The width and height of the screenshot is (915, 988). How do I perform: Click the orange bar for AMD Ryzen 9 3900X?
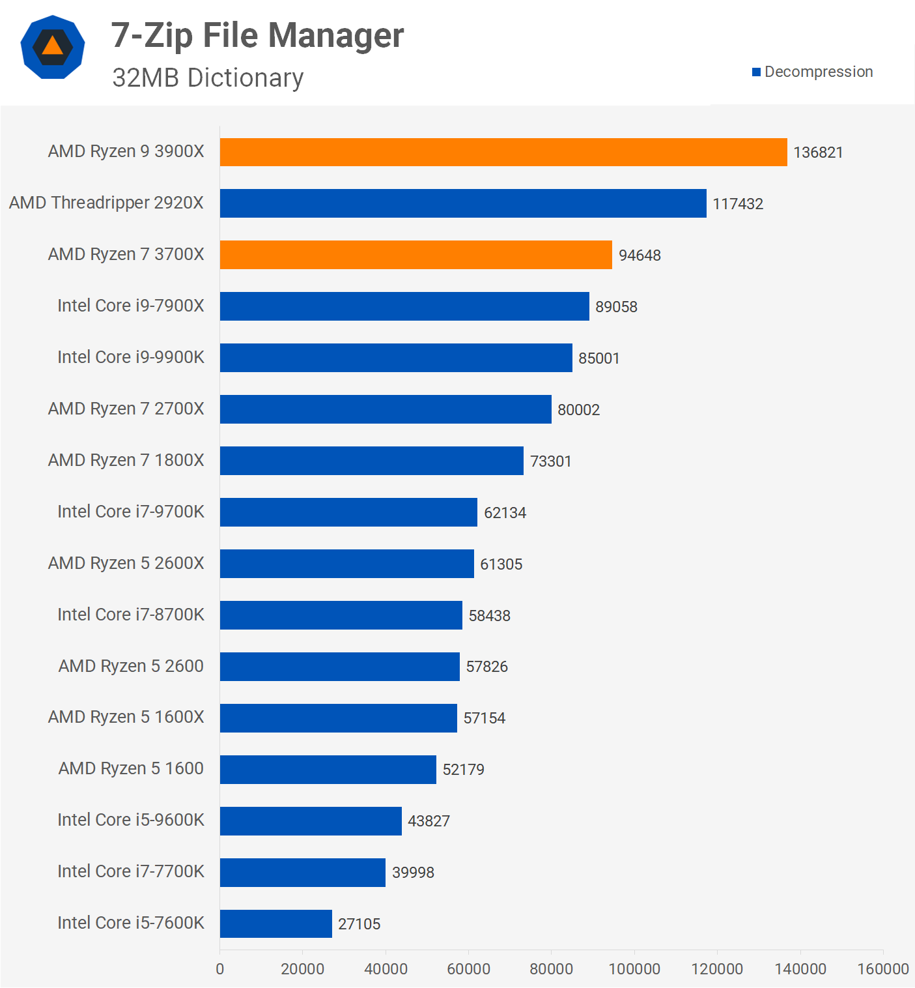[503, 152]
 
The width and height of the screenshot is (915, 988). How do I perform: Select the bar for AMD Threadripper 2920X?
[462, 203]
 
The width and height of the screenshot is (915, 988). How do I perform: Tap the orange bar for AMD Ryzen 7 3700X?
[415, 255]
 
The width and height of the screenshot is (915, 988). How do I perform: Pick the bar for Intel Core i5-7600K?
[275, 923]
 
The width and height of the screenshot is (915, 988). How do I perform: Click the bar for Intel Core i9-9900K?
[395, 358]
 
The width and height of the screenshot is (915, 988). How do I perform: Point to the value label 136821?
[818, 153]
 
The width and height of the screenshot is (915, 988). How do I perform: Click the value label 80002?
[578, 410]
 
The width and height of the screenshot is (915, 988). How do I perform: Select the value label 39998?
[413, 873]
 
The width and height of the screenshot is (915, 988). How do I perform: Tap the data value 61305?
[501, 564]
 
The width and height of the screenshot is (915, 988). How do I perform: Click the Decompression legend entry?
[812, 72]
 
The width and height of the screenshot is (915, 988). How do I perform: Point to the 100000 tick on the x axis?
[634, 969]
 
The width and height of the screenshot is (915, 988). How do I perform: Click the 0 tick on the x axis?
[220, 969]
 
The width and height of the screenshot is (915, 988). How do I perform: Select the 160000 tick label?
[882, 969]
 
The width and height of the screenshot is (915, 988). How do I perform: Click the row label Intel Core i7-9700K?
[130, 512]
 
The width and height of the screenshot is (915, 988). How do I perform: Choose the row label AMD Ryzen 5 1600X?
[126, 717]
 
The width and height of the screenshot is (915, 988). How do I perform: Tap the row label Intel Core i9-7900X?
[130, 306]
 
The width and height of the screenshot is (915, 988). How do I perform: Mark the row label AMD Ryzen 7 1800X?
[126, 460]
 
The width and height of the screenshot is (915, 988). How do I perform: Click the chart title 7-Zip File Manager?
[257, 35]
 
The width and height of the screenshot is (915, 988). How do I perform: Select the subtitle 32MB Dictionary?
[208, 78]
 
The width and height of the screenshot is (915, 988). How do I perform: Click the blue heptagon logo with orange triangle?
[53, 47]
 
